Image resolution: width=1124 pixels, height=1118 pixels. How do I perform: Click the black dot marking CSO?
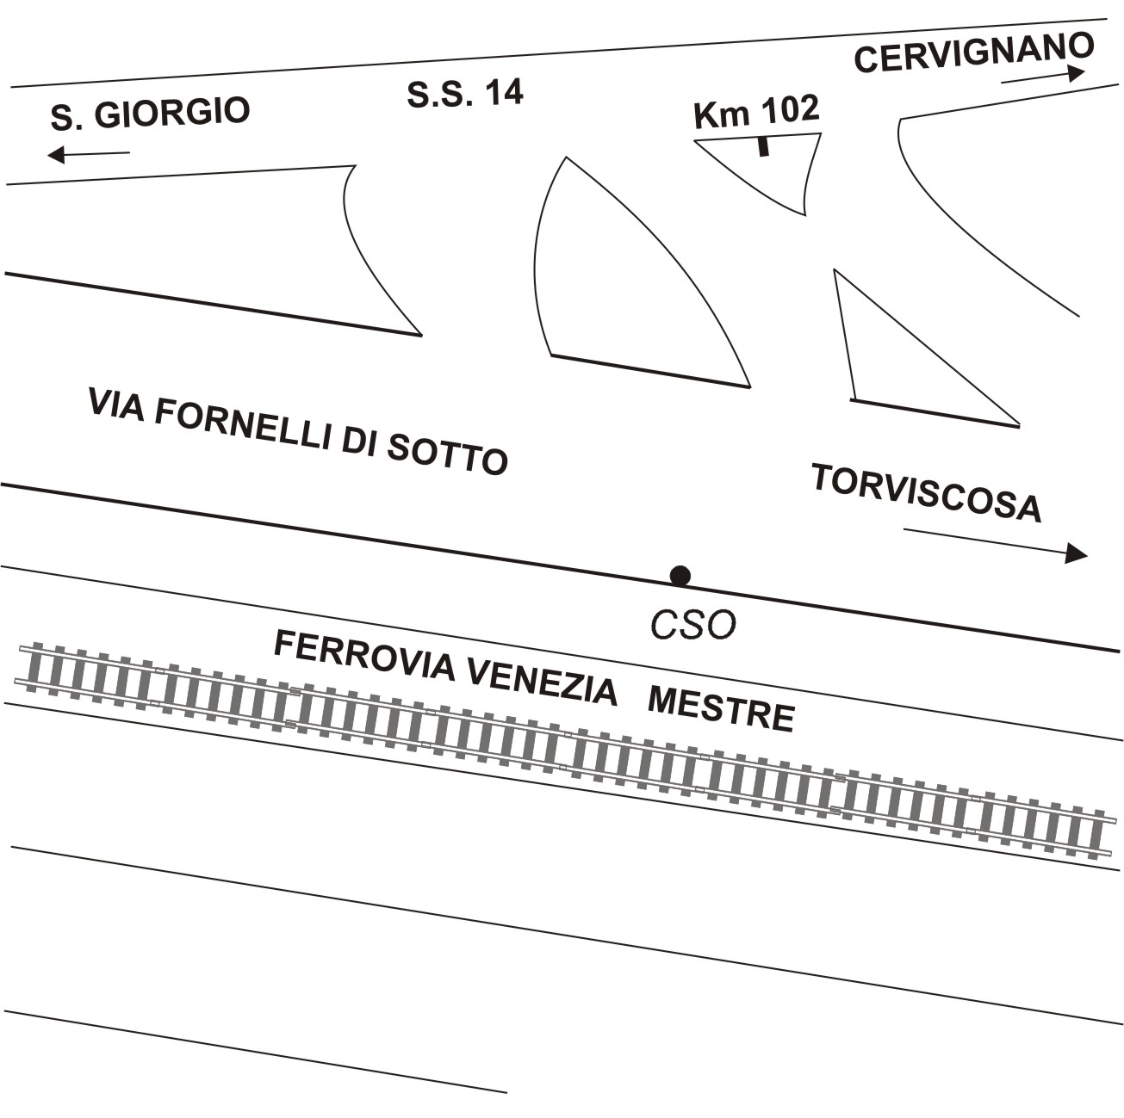pos(680,576)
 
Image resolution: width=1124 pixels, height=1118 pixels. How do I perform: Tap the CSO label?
pos(692,626)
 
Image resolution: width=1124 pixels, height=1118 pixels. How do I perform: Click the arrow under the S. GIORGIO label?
pos(89,155)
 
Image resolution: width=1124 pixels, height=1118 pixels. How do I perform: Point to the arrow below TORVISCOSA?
pos(996,542)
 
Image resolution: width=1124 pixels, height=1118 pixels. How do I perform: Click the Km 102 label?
pos(756,111)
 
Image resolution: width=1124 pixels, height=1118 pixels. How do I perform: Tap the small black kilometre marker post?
pos(762,146)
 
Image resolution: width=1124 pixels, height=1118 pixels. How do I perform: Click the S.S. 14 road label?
pos(465,93)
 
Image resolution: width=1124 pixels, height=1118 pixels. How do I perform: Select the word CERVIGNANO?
pos(973,53)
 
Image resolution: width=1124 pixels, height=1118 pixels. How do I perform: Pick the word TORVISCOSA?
pos(927,493)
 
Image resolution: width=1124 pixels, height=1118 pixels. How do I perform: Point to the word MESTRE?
pos(720,710)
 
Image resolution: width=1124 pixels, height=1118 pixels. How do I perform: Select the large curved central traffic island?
pos(620,284)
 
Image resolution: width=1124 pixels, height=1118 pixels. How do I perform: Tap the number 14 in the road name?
pos(505,92)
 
